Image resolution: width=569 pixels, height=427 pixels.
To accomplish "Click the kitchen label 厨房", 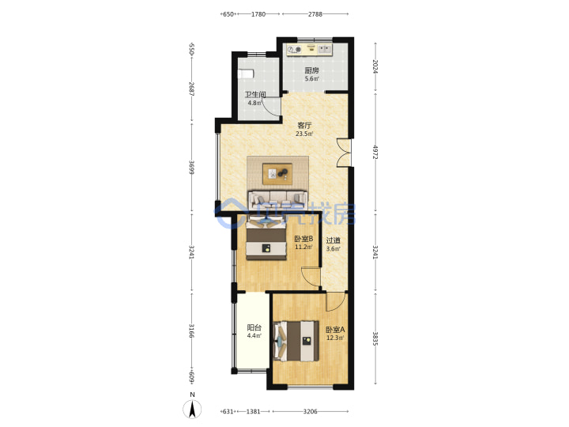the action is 311,70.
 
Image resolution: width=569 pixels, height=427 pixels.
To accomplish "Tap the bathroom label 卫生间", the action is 255,95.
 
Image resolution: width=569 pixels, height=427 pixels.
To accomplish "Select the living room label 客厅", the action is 304,126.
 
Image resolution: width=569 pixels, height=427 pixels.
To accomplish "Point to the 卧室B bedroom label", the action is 303,239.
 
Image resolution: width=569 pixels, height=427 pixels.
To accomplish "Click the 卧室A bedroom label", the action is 335,330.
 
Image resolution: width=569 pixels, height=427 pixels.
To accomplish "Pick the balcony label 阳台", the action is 254,327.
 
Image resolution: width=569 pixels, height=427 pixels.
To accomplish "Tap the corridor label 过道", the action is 333,240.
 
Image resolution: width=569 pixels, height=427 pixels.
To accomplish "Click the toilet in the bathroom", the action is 245,74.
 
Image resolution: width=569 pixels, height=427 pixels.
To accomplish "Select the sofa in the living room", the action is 277,199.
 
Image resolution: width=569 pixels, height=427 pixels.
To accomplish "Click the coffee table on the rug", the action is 277,174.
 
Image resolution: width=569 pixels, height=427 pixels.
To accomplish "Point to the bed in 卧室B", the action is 266,239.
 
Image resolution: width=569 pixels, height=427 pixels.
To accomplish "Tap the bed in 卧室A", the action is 297,341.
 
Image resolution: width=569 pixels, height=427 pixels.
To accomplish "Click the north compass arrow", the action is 192,410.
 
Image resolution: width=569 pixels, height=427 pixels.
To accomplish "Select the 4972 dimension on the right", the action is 375,152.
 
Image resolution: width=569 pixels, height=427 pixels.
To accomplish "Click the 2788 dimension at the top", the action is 315,14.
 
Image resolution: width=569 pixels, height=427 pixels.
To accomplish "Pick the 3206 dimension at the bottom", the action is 311,411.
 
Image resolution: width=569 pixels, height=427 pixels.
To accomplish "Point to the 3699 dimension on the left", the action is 191,168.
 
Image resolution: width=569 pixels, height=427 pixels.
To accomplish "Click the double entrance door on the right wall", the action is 344,153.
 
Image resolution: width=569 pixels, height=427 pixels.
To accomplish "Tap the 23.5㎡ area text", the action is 304,134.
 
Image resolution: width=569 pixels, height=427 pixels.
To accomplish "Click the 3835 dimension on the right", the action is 375,338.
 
